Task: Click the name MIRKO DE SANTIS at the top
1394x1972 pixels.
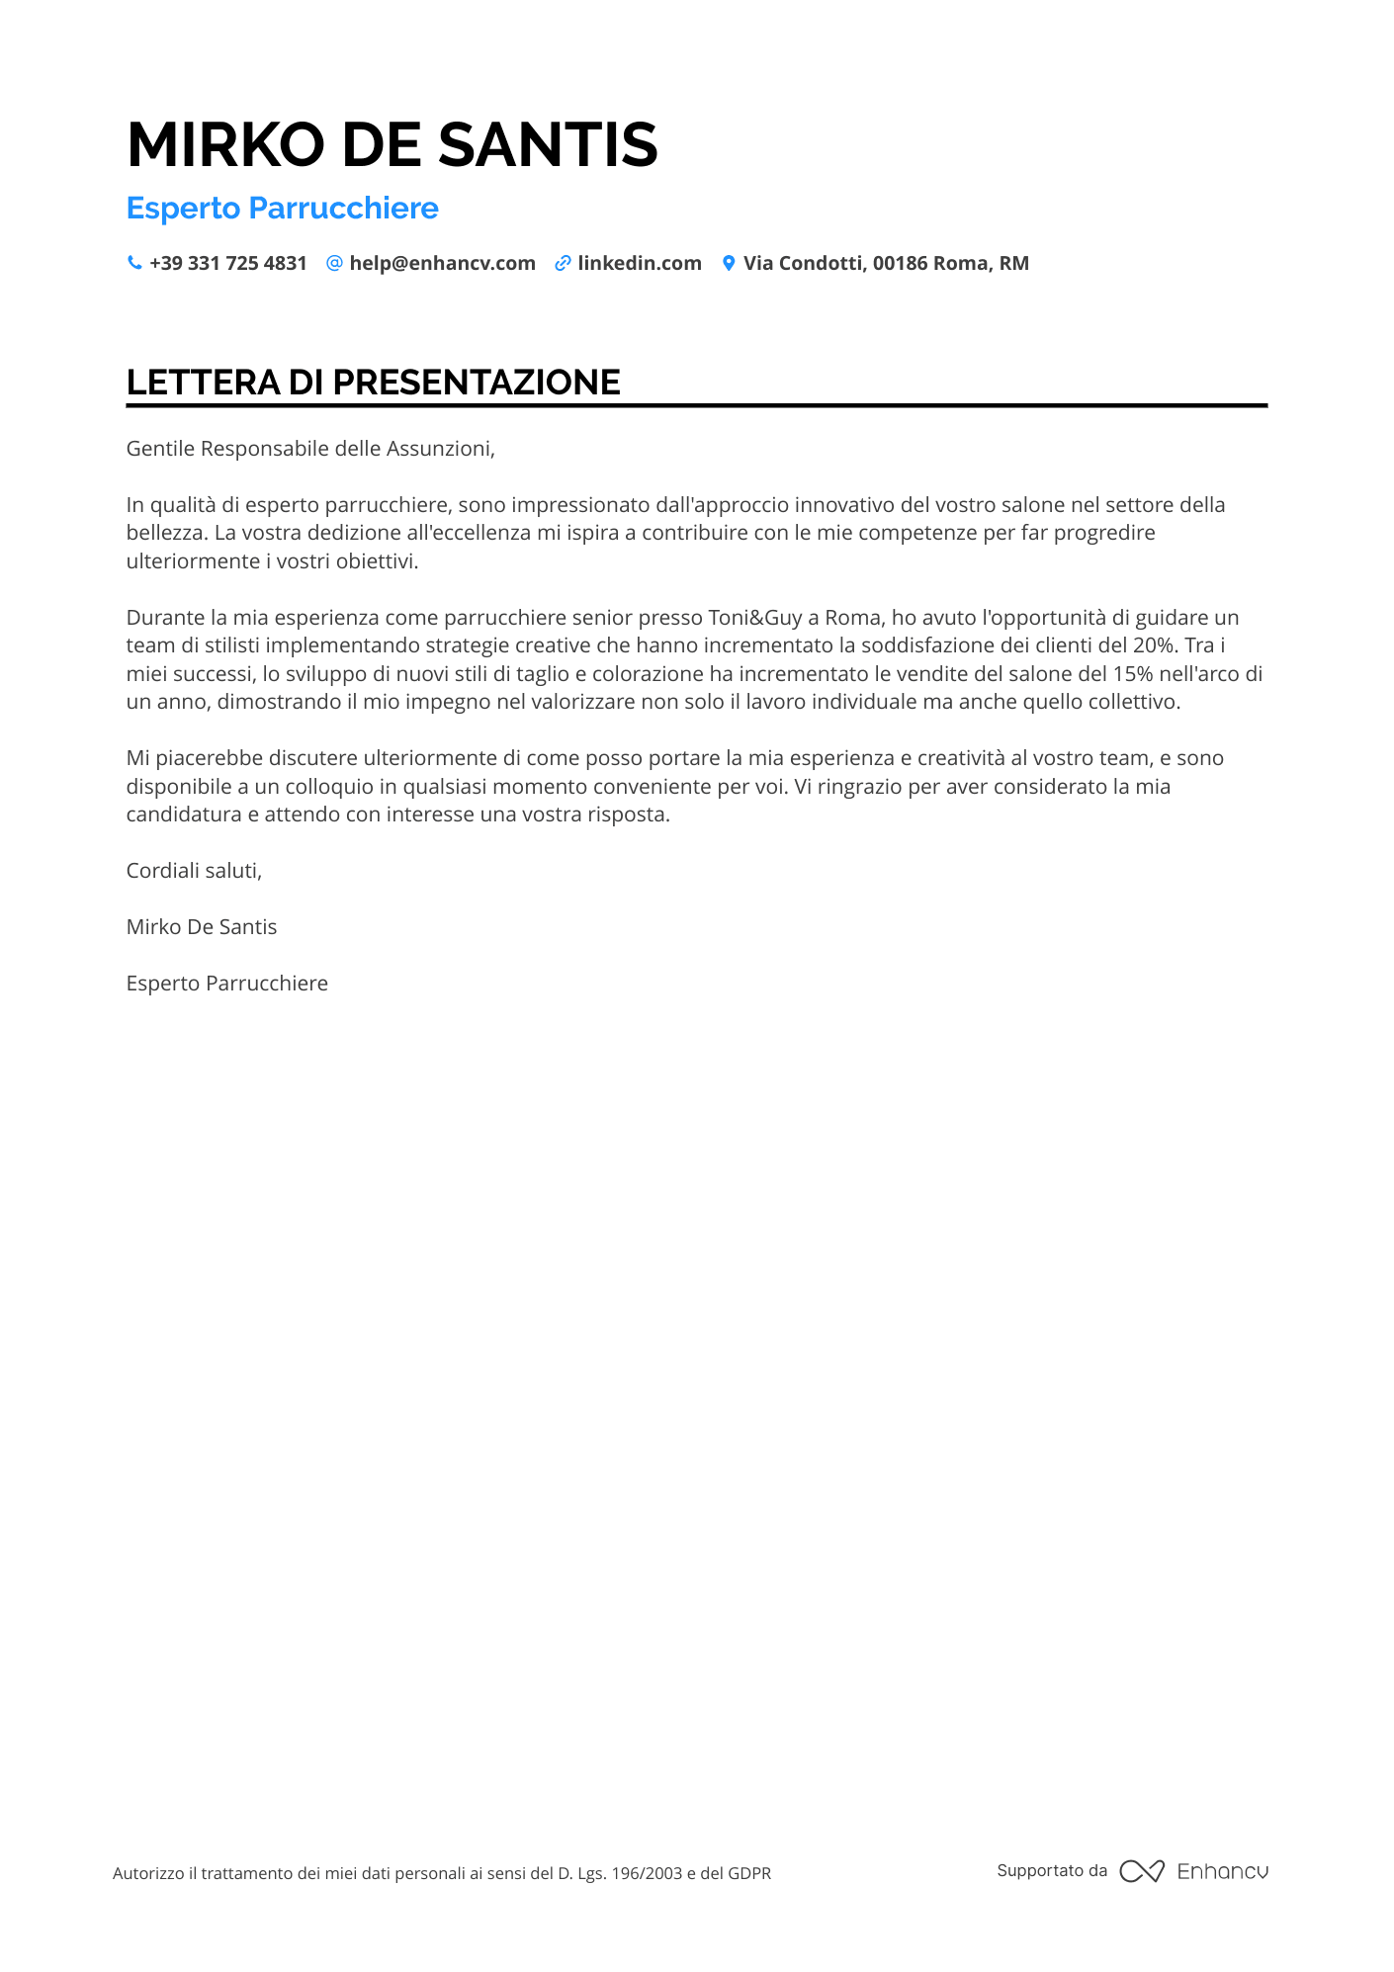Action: tap(392, 144)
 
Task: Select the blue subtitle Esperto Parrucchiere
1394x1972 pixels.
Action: tap(282, 209)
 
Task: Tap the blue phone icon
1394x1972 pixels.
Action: tap(134, 263)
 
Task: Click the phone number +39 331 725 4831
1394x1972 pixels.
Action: tap(228, 263)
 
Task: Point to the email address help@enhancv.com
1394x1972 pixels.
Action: tap(442, 263)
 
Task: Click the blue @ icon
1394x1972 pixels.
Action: tap(334, 263)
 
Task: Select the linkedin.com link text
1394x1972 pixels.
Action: tap(640, 263)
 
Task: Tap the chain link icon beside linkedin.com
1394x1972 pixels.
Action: tap(563, 263)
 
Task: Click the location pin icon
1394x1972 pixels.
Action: tap(729, 263)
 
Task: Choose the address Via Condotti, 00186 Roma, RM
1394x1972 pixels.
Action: tap(886, 263)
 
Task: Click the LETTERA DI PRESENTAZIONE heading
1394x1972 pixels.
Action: tap(373, 383)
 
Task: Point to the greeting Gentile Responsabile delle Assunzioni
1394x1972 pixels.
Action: tap(309, 449)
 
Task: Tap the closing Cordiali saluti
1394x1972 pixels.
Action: tap(194, 871)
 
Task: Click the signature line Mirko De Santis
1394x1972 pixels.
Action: tap(202, 927)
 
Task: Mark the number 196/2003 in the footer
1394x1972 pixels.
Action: tap(647, 1873)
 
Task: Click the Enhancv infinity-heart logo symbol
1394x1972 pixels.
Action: tap(1142, 1871)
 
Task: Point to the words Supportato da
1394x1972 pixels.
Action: tap(1052, 1870)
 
